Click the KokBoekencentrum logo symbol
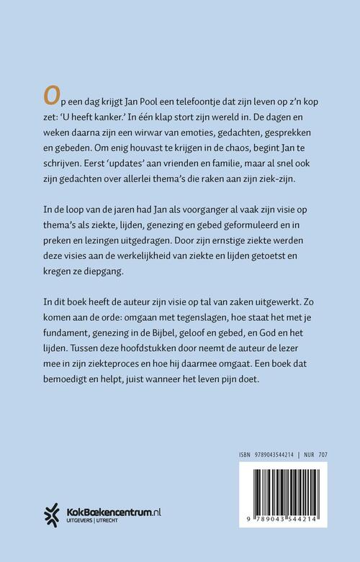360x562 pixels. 48,513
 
